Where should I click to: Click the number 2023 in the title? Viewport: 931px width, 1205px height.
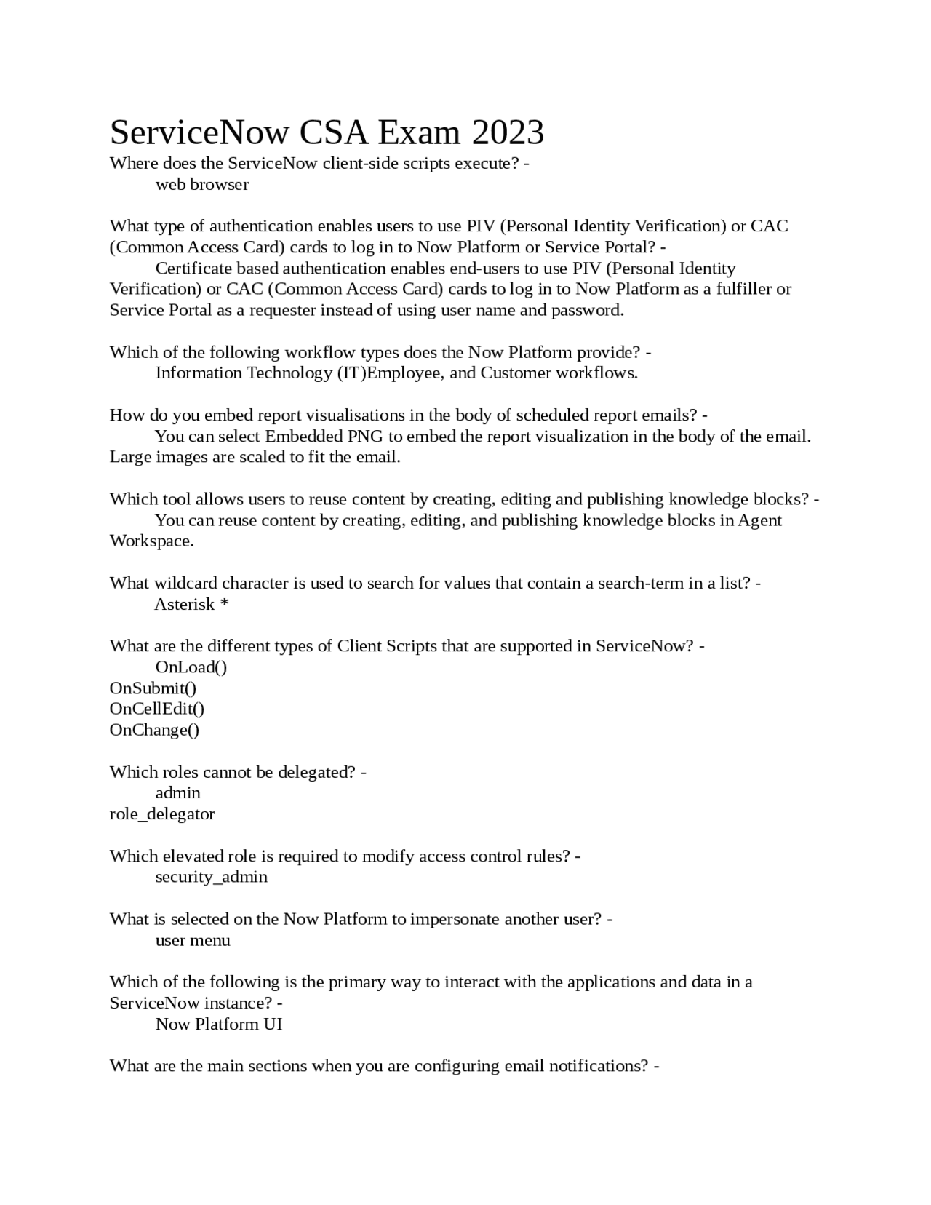point(508,133)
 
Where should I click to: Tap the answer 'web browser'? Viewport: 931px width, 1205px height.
point(202,185)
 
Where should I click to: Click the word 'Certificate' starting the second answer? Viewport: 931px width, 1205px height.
point(193,269)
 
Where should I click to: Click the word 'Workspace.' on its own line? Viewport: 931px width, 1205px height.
point(151,541)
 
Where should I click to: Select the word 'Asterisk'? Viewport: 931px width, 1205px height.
point(185,605)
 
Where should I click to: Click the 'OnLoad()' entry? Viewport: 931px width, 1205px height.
point(191,667)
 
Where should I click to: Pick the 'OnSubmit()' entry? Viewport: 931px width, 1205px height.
point(153,688)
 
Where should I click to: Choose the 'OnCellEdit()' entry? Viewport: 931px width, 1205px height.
point(157,709)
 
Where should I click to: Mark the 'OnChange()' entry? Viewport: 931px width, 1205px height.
point(154,730)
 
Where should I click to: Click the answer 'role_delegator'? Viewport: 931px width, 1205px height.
point(162,814)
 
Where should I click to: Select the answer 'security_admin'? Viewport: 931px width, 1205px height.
point(212,877)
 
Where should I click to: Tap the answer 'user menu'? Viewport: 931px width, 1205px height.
point(193,941)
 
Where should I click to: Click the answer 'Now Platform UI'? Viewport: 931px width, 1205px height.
point(219,1025)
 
